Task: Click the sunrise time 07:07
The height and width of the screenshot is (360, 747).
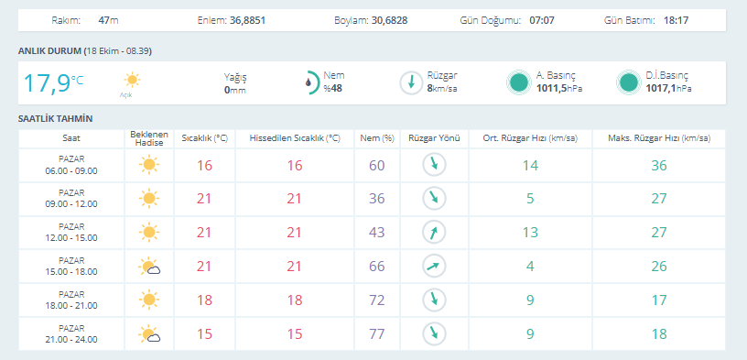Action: coord(542,20)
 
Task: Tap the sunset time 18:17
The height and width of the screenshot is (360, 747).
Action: coord(676,20)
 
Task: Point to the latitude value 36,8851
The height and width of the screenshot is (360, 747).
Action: coord(247,20)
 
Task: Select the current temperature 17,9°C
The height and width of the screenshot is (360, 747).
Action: coord(53,82)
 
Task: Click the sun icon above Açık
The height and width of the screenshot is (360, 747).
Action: coord(132,80)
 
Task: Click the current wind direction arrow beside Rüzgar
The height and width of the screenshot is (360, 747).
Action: coord(411,82)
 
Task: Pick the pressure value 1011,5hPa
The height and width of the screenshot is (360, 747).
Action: coord(559,88)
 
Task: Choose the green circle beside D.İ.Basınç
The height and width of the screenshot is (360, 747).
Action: coord(628,82)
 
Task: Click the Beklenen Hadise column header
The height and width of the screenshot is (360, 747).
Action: coord(149,138)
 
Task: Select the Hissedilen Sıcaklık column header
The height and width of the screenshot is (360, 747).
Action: coord(295,138)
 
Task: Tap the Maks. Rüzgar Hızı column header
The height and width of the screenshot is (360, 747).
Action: coord(659,138)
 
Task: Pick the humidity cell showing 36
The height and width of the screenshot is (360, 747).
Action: coord(377,199)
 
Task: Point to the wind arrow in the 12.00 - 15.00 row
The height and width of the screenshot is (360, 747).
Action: coord(434,233)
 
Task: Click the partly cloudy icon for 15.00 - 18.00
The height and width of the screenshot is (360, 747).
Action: coord(149,267)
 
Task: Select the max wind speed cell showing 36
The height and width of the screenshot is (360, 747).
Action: coord(659,166)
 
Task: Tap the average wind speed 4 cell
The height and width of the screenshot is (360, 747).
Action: coord(530,266)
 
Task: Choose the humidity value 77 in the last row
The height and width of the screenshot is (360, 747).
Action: coord(377,333)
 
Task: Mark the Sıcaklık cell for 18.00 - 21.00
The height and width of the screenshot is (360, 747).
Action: coord(204,300)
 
